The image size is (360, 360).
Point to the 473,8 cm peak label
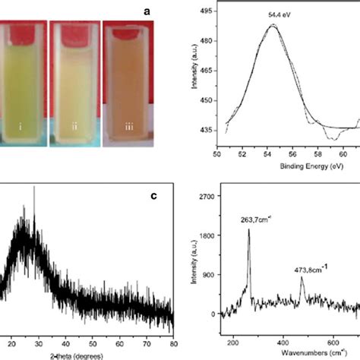point(316,268)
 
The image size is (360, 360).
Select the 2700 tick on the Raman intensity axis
point(215,195)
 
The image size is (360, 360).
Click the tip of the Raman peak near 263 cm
point(248,229)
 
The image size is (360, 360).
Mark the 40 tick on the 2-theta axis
point(66,341)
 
